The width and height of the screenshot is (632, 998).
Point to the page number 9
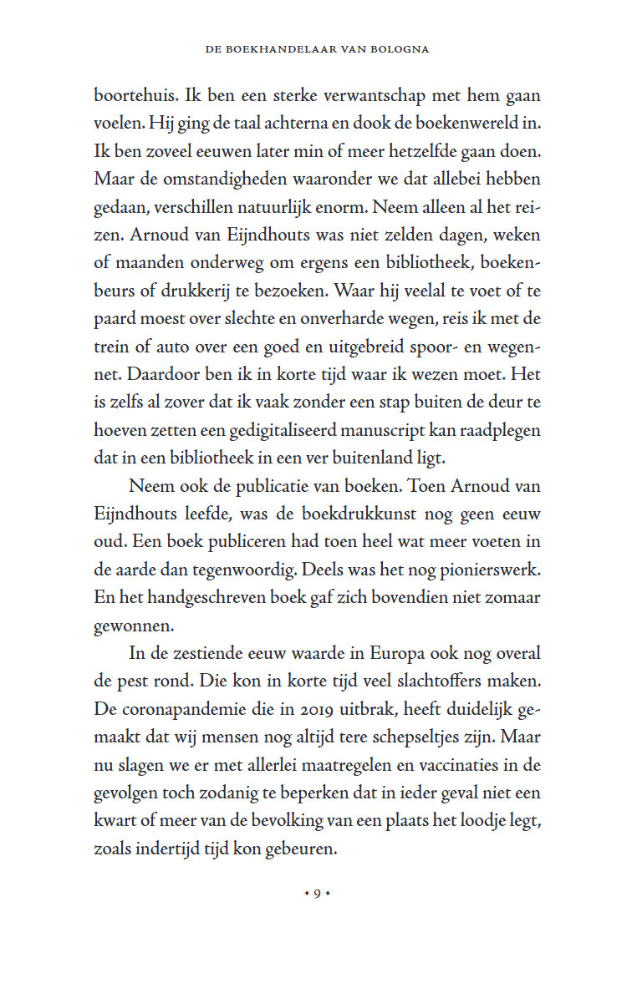[x=317, y=894]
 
